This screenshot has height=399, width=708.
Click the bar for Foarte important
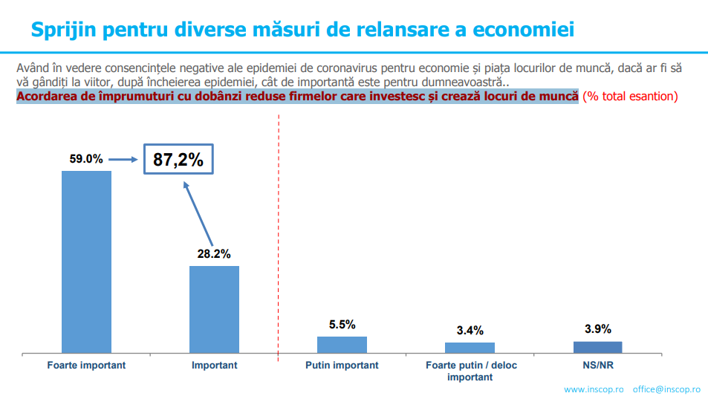point(86,261)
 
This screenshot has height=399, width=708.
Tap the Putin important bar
point(342,344)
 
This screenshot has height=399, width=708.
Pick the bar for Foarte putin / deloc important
point(470,347)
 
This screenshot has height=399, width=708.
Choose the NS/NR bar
point(597,346)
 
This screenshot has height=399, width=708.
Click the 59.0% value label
point(85,159)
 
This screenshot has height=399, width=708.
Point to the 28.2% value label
point(214,253)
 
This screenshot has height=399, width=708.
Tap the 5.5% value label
point(342,325)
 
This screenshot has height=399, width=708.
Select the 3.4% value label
point(470,331)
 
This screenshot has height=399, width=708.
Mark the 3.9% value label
point(597,329)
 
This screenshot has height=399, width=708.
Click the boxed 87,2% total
point(178,159)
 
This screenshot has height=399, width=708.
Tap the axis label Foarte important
point(86,366)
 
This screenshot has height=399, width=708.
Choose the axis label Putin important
point(342,366)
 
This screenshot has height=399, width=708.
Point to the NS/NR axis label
point(597,366)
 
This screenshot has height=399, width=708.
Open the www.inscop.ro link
point(594,389)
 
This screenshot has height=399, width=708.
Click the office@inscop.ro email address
point(666,389)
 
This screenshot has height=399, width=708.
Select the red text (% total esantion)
point(630,97)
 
